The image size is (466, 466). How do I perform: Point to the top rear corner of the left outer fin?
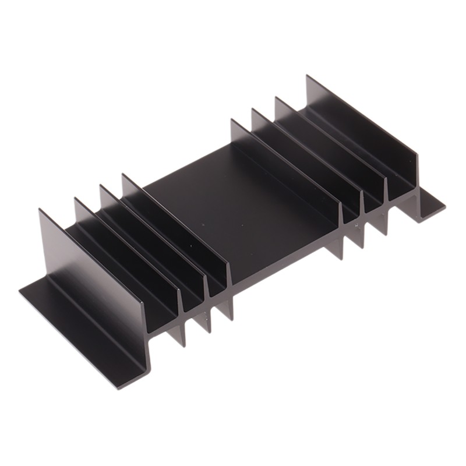[x=40, y=210]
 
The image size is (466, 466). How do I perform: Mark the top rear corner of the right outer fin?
[x=308, y=76]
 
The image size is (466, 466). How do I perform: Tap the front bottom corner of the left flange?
[x=143, y=382]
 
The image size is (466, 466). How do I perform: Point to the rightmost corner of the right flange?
[x=446, y=205]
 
